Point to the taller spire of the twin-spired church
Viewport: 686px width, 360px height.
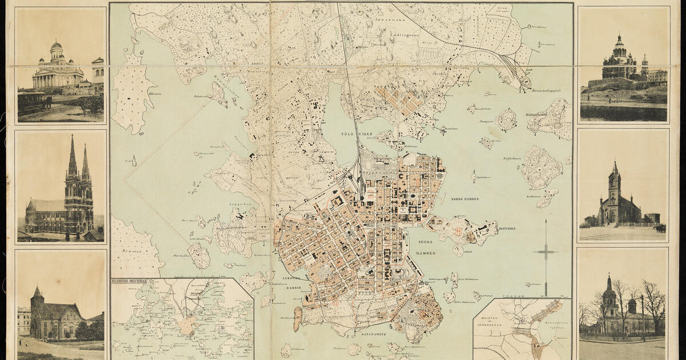[x=72, y=157]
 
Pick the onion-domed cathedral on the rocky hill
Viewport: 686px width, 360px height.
[x=620, y=60]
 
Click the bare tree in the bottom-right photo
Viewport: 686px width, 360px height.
[x=652, y=303]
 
